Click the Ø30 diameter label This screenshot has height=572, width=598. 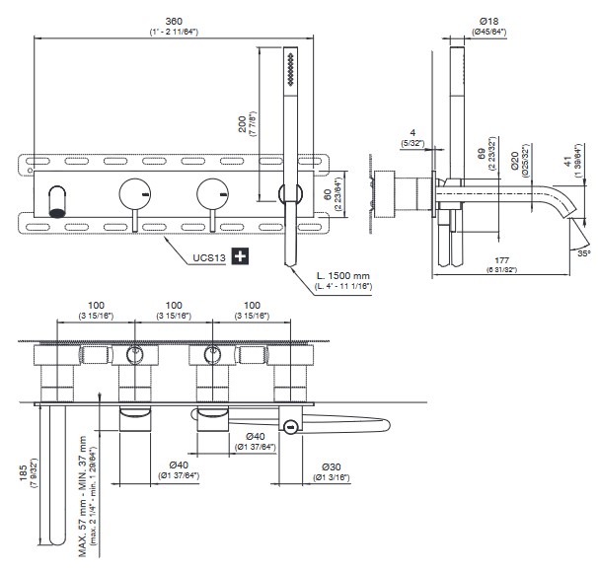pyautogui.click(x=332, y=467)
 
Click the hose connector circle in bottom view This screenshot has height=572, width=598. pyautogui.click(x=289, y=426)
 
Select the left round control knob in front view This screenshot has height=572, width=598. pyautogui.click(x=134, y=194)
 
